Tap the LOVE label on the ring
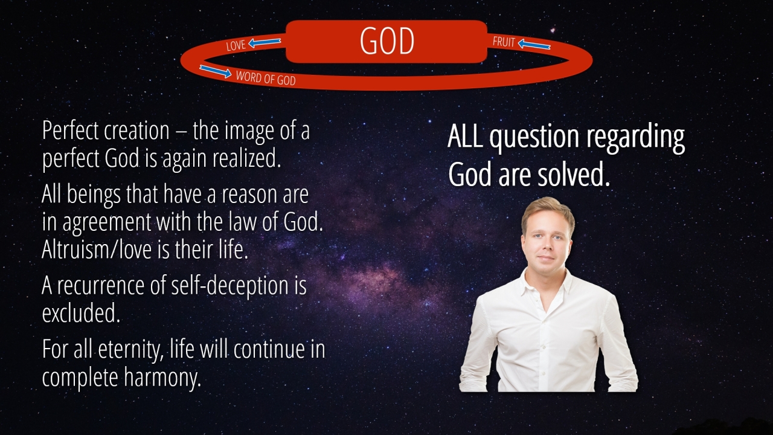click(236, 45)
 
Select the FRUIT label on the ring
click(504, 42)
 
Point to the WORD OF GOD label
click(266, 79)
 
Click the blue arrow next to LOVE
click(265, 42)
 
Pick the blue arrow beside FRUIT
click(534, 45)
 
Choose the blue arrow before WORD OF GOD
click(216, 71)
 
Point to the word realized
click(246, 158)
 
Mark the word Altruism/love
click(96, 250)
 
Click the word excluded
click(81, 313)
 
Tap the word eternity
click(130, 350)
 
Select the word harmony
click(162, 378)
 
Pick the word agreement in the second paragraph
click(107, 223)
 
